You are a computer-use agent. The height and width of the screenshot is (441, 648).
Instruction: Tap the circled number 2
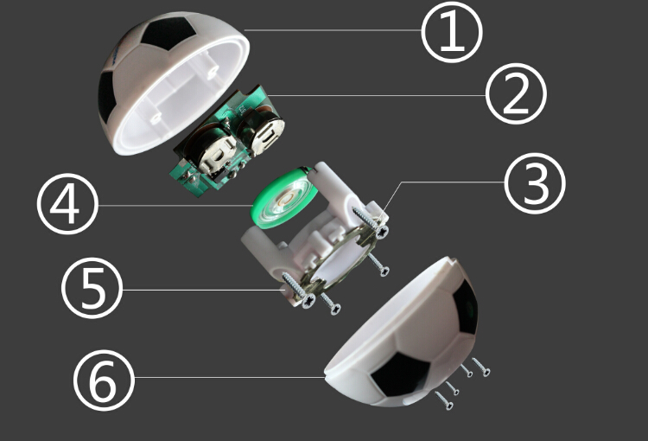(516, 96)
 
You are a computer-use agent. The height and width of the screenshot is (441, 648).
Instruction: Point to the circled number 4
(67, 206)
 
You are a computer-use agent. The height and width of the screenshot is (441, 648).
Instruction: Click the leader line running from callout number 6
(225, 378)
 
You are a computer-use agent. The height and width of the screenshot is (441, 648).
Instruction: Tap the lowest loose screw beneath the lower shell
(444, 400)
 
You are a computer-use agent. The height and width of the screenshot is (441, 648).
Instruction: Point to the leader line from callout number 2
(380, 95)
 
